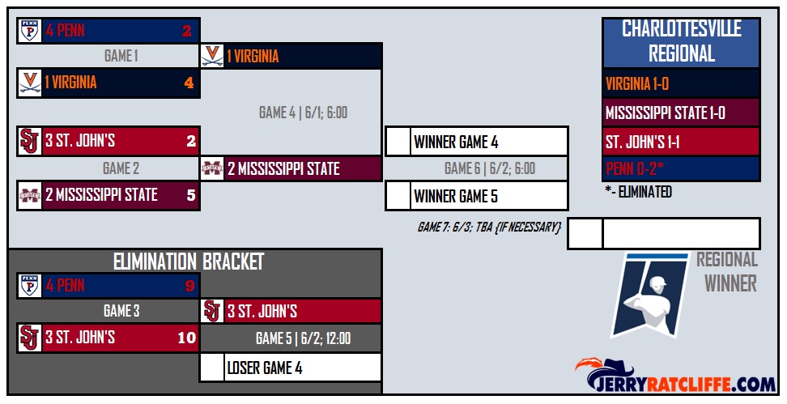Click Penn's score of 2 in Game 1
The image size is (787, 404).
click(x=186, y=32)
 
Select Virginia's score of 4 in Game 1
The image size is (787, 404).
click(x=189, y=83)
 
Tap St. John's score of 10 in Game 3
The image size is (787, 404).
click(x=186, y=338)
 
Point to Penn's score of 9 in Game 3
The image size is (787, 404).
click(x=189, y=286)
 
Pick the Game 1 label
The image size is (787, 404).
click(x=121, y=57)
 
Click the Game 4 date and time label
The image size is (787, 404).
click(x=303, y=113)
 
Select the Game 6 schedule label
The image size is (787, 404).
click(x=489, y=169)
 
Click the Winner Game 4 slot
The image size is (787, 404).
click(x=476, y=142)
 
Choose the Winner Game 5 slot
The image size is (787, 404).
click(x=476, y=196)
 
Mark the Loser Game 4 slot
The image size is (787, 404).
click(x=291, y=368)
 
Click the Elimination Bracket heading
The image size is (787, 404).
click(x=189, y=262)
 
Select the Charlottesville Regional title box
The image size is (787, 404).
click(x=681, y=42)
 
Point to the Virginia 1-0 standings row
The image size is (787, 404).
click(x=681, y=83)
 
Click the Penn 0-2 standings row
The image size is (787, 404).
click(x=681, y=169)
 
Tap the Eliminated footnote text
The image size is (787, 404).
click(x=638, y=192)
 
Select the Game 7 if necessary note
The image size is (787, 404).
click(x=489, y=228)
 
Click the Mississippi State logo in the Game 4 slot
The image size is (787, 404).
click(x=212, y=169)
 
